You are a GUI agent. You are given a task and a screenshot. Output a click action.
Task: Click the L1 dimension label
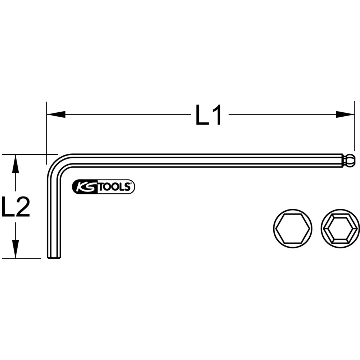click(208, 115)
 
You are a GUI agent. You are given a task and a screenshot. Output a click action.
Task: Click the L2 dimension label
click(15, 207)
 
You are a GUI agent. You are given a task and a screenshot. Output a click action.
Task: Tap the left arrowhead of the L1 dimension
click(56, 114)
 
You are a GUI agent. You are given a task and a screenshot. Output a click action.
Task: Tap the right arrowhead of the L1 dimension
click(345, 114)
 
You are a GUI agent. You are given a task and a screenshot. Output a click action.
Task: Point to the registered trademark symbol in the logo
click(131, 184)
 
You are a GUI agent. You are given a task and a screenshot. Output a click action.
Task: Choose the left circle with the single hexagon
click(293, 228)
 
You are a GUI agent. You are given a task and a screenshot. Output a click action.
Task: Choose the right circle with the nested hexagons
click(340, 228)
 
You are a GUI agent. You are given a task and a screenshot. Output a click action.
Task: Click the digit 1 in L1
click(216, 115)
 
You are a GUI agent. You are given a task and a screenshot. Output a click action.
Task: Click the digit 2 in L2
click(22, 207)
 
